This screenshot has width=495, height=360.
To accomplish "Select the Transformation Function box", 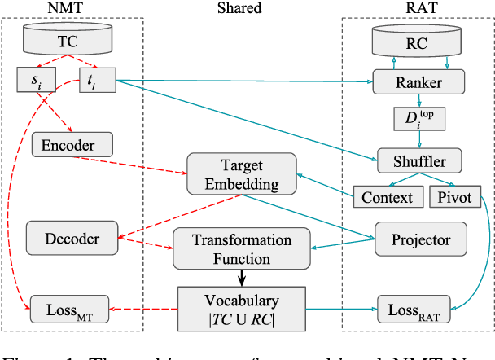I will tap(242, 249).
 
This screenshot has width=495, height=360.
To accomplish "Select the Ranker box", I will tap(418, 81).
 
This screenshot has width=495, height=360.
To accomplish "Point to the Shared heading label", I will tap(239, 8).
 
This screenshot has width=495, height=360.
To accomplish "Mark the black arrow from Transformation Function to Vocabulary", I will tap(242, 278).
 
